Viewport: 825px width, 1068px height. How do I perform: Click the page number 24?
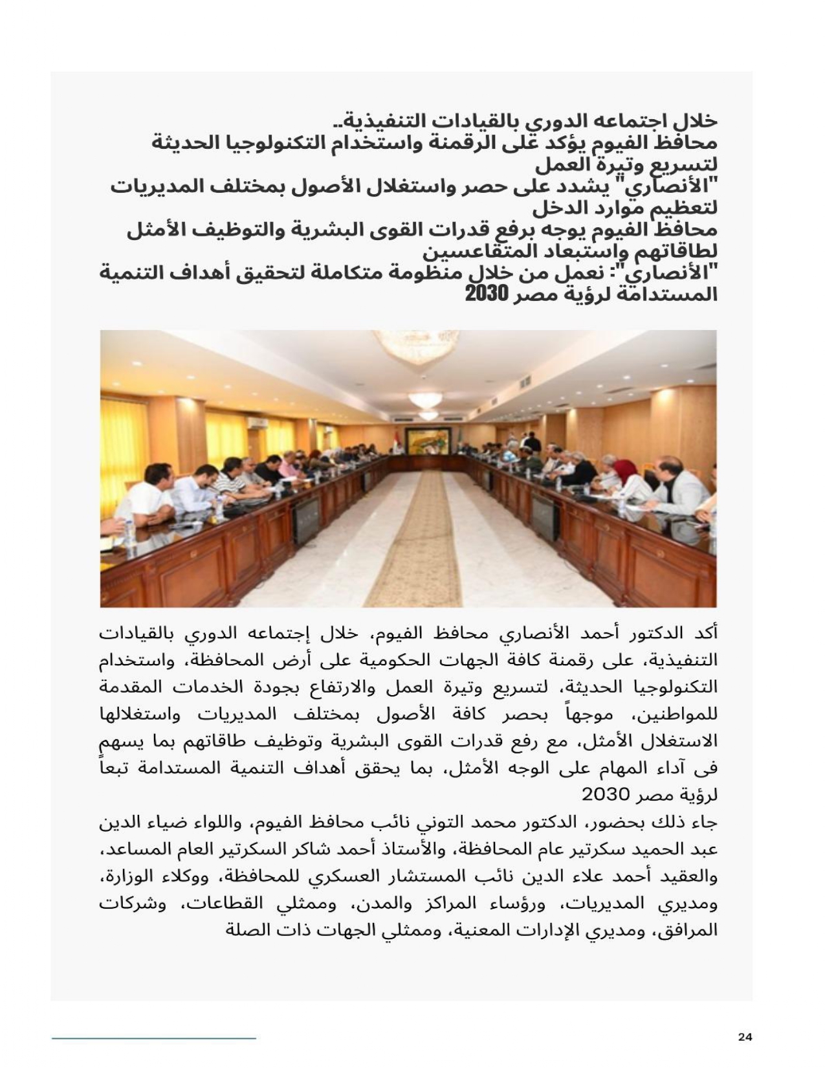click(745, 1037)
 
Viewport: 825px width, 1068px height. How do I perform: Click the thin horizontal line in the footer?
click(154, 1038)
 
